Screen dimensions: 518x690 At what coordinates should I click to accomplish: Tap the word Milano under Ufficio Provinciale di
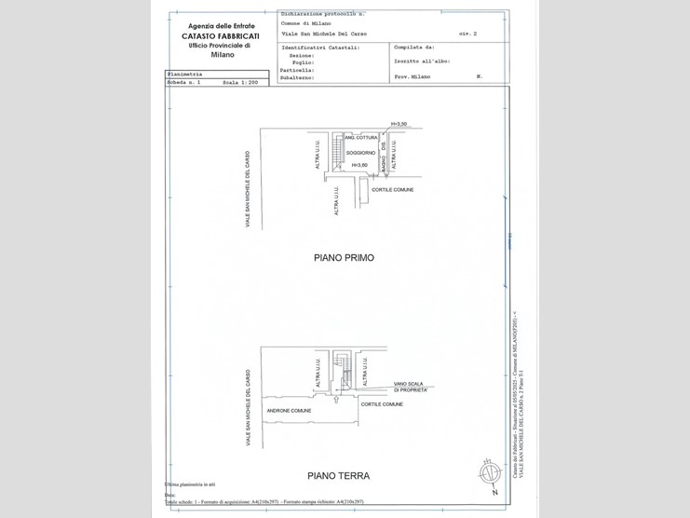pos(223,55)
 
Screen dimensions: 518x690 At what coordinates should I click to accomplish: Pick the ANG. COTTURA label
pos(360,137)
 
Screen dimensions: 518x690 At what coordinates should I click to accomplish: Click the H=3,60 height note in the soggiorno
pos(359,165)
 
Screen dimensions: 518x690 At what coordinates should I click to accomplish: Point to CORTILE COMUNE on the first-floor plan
pos(392,189)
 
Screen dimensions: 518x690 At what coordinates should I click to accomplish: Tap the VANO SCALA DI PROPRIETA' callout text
pos(410,386)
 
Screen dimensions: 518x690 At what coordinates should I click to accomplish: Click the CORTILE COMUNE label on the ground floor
pos(382,404)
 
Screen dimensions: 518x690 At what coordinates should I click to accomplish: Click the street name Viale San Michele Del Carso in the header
pos(323,33)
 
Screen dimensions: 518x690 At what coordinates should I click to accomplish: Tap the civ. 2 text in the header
pos(467,33)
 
